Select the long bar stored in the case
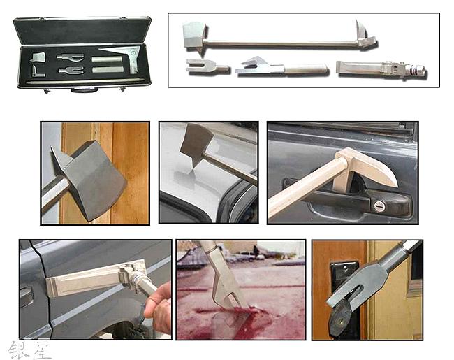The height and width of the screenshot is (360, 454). (x=84, y=82)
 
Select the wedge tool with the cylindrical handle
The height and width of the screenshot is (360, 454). (x=279, y=69)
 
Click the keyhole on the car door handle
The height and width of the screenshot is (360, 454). (x=378, y=205)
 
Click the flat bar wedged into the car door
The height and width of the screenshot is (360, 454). (x=80, y=282)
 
